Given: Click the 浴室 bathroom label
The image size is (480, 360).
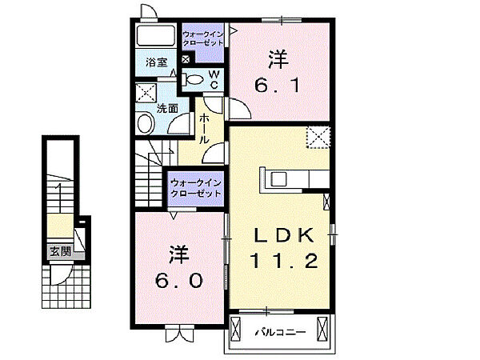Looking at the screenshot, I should coord(155,62).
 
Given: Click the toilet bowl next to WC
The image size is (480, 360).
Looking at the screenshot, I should coord(194,78).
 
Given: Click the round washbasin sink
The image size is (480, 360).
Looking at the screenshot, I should coord(145,123).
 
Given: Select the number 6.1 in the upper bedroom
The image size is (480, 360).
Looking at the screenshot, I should coord(279,83).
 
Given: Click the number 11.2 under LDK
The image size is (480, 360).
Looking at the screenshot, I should coord(280,260).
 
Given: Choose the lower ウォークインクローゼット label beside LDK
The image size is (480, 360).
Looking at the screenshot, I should coord(195,190).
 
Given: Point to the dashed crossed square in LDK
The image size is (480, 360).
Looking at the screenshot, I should coord(320,138).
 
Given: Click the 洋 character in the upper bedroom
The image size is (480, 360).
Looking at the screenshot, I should coord(278,58).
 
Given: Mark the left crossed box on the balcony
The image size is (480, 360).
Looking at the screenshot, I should coord(238,329).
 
